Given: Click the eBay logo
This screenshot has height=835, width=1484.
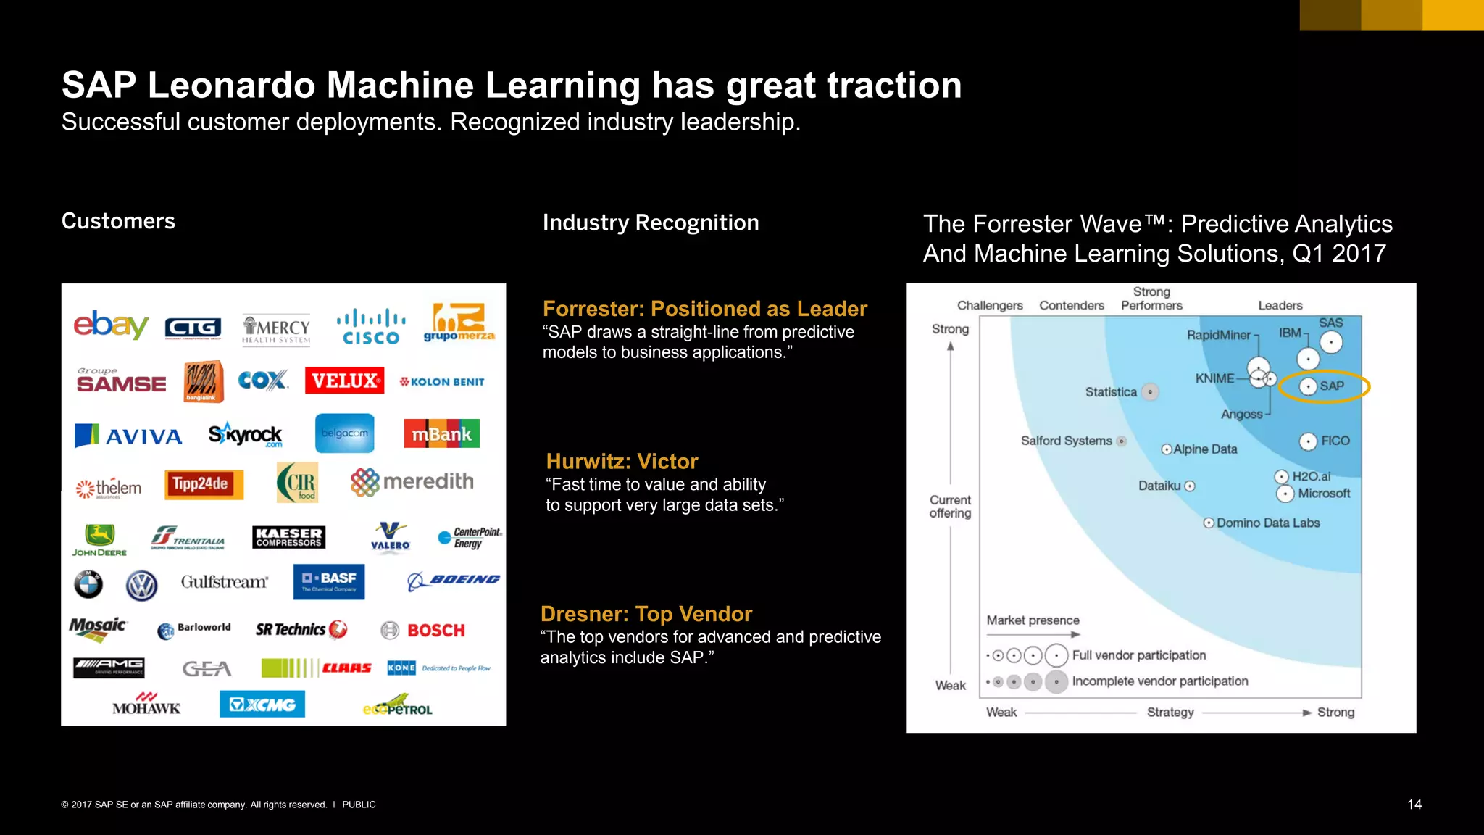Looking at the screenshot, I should (x=110, y=325).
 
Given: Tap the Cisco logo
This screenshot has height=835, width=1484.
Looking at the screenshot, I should (x=371, y=327).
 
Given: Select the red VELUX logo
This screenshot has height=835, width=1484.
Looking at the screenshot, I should (x=344, y=381).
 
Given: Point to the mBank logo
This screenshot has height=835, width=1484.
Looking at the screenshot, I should (x=441, y=433).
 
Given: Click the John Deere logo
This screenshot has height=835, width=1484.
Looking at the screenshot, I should (x=99, y=540).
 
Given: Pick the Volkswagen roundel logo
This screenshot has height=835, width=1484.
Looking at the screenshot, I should (x=141, y=586).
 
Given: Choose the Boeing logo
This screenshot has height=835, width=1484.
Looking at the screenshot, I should (x=454, y=580).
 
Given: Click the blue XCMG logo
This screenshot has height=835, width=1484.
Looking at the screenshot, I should (x=262, y=704).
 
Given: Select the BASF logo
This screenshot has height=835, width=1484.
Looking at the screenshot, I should (x=329, y=581).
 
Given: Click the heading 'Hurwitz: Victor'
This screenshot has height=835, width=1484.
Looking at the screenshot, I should (x=622, y=462).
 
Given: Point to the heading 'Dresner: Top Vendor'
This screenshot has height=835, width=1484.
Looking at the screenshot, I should (x=646, y=614).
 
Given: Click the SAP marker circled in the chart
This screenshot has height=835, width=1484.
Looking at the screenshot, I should (x=1308, y=386).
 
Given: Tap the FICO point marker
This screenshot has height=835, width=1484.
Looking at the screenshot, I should (x=1308, y=441).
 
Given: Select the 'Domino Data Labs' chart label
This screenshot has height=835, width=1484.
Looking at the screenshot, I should (x=1268, y=523).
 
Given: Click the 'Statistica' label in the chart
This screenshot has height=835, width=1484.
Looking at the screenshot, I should (x=1111, y=392).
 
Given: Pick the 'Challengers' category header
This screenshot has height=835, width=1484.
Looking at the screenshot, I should (x=990, y=306).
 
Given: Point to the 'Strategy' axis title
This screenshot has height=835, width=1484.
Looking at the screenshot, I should (x=1170, y=713).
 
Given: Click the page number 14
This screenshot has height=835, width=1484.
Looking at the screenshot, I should (x=1414, y=805).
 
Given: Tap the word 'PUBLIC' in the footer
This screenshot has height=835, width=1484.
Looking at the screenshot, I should (x=359, y=805).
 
